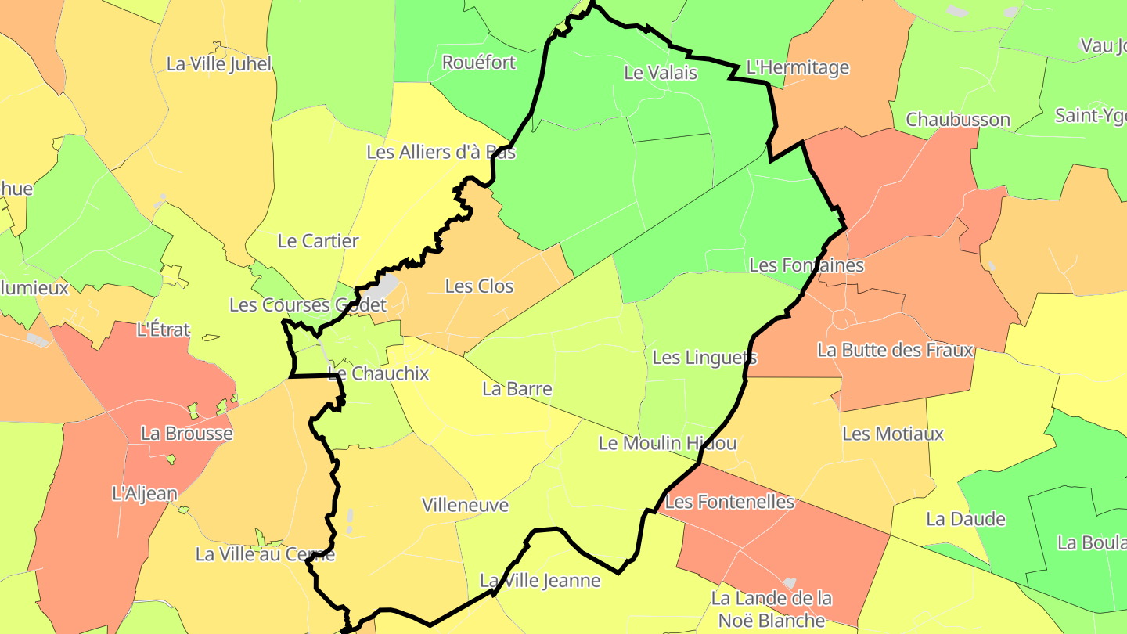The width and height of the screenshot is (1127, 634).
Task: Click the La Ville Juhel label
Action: point(218,63)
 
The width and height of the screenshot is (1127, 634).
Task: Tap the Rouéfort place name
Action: point(479,62)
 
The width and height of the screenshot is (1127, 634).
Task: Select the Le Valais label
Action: point(660,73)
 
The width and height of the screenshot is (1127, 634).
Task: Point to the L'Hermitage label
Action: point(798,67)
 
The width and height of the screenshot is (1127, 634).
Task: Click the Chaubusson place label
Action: point(958,120)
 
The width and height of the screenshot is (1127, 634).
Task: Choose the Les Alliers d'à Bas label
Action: point(441,152)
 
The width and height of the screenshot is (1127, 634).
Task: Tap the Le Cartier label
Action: point(318,241)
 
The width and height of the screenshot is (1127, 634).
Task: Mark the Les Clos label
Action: point(479,286)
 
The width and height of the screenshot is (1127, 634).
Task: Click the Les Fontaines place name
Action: point(806,265)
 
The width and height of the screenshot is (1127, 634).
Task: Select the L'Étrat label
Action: point(163,330)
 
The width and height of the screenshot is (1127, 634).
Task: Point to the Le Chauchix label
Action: point(378,373)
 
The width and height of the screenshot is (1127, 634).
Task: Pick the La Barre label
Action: point(517,389)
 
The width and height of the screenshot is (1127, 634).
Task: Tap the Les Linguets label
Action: point(704,358)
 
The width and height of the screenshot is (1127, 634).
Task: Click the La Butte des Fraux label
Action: point(895,350)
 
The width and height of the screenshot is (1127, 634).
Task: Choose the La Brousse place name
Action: point(186,433)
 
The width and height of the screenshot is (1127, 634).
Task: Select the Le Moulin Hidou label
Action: point(667,443)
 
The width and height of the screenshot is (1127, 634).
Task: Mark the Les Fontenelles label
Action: point(729,502)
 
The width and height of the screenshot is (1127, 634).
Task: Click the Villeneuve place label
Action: point(465,505)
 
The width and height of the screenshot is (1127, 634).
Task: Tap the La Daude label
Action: point(965,518)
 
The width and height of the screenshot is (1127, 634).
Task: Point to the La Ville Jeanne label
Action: point(539,581)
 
